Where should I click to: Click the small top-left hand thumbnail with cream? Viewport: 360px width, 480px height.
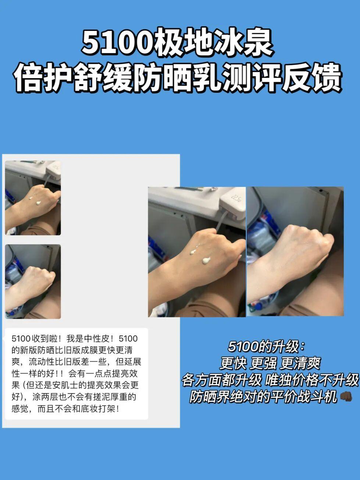[33, 198]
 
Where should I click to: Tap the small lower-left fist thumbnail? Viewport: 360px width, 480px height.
[33, 282]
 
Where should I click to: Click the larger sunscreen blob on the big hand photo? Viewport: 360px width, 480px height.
[206, 260]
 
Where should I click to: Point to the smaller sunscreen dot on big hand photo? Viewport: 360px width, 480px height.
[193, 252]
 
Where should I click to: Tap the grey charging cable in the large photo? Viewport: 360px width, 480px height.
[220, 223]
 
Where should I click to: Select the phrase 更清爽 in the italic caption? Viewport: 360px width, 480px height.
[300, 363]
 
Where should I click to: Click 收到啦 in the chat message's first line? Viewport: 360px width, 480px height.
[44, 339]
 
